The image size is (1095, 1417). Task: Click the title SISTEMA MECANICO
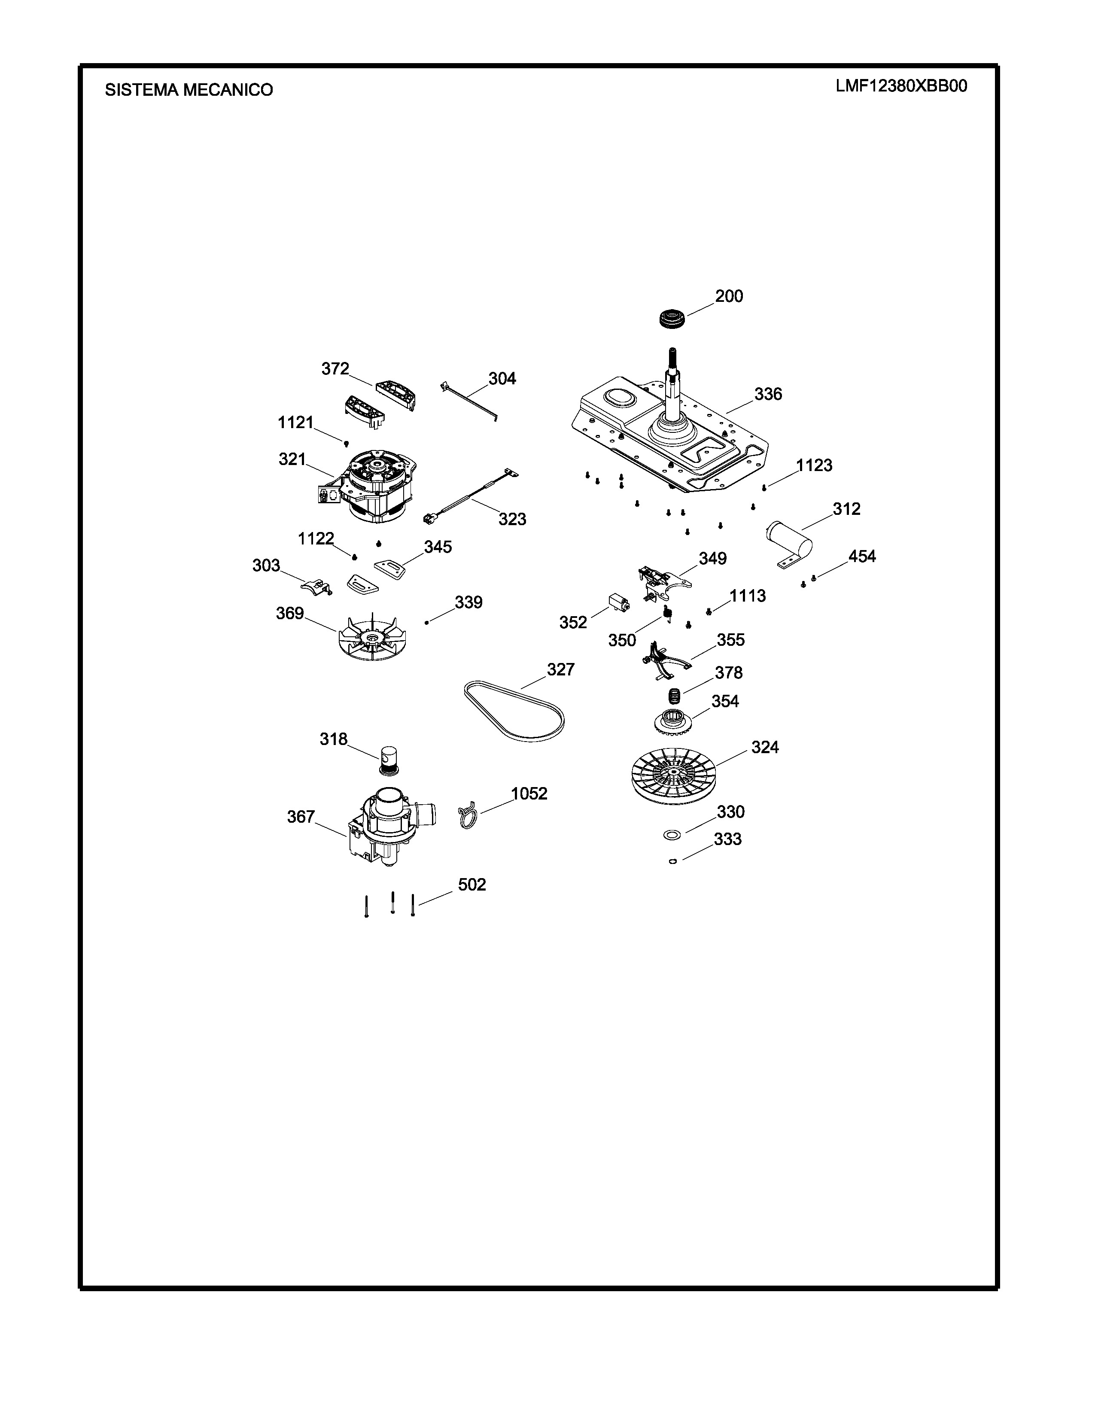tap(189, 90)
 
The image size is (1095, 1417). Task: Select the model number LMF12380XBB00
tap(901, 86)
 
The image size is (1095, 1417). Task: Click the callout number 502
tap(471, 885)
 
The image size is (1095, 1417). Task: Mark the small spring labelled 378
tap(675, 697)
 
